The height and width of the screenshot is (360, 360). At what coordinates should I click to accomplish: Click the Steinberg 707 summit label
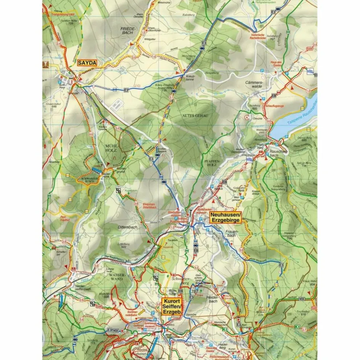tap(272, 37)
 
